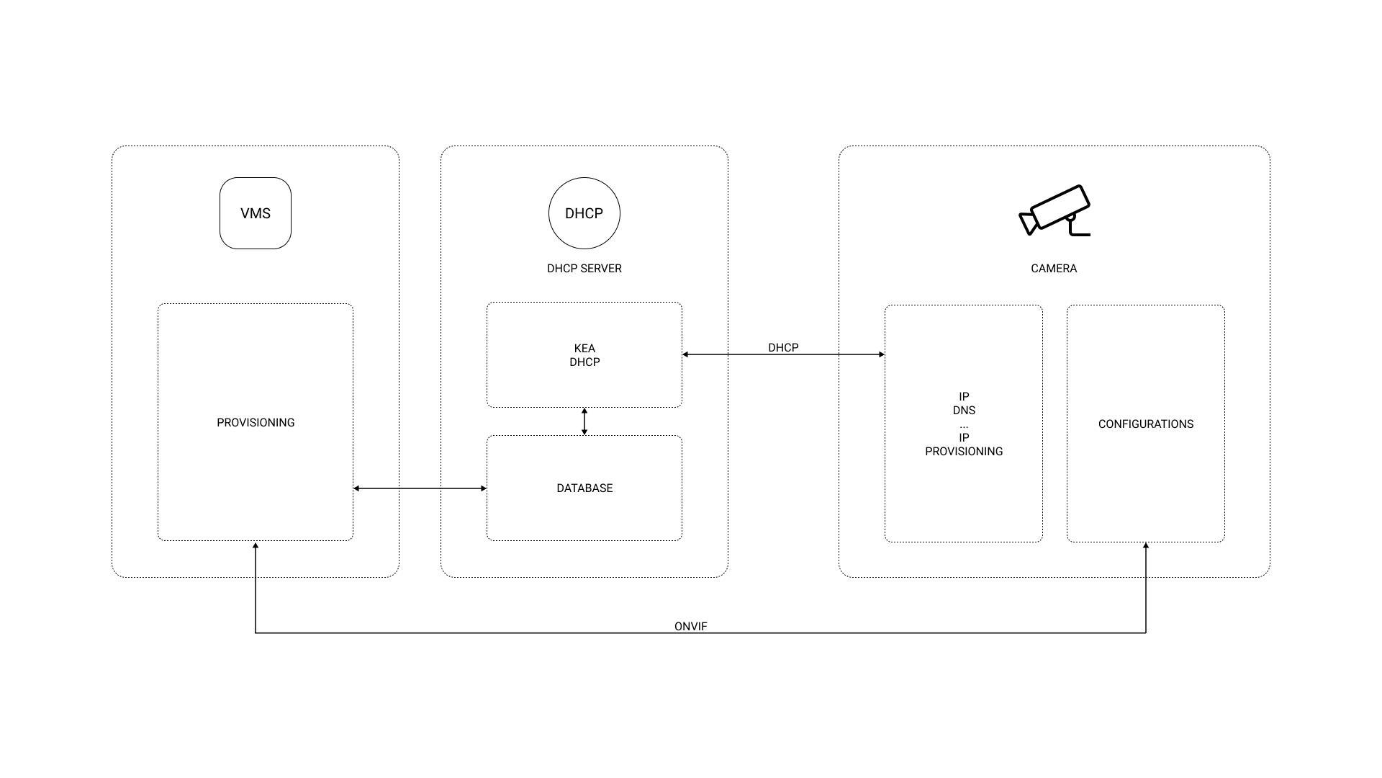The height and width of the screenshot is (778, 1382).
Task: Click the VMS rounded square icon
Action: click(x=256, y=213)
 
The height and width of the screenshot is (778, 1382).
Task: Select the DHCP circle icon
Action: click(x=584, y=213)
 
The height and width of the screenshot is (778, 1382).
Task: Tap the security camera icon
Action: click(x=1055, y=210)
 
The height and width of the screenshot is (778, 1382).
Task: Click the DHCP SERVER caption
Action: click(x=584, y=268)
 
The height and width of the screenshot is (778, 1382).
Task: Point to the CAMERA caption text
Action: click(x=1053, y=268)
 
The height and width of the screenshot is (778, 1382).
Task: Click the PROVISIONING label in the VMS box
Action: click(x=256, y=422)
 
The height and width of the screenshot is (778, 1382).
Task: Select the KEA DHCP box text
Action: click(x=584, y=355)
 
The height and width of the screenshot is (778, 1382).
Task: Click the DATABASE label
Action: click(x=584, y=488)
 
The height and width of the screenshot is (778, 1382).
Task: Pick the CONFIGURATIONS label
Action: click(x=1145, y=424)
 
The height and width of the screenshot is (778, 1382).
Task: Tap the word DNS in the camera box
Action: click(x=964, y=410)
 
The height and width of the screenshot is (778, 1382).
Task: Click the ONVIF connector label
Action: click(x=690, y=626)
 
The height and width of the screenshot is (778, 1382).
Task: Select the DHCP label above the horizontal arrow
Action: click(x=782, y=347)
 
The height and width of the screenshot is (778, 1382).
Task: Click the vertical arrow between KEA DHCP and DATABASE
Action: click(x=584, y=421)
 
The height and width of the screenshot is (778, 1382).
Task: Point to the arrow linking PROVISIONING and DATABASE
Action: click(x=420, y=488)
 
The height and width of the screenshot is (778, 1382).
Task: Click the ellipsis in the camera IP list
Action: click(x=964, y=425)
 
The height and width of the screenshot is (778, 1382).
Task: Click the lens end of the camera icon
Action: click(x=1028, y=223)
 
